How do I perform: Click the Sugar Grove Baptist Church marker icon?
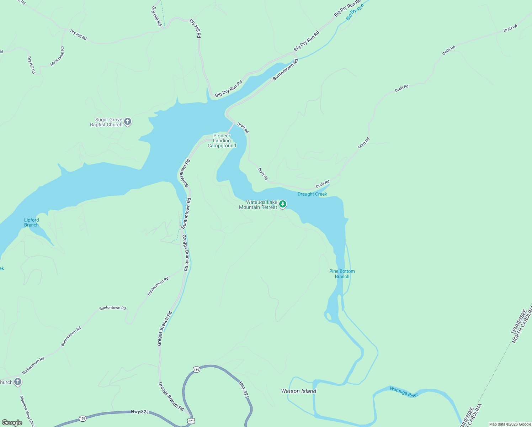128,122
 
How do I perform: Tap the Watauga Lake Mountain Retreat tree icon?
283,204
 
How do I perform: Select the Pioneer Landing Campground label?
222,141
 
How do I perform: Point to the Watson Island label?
298,391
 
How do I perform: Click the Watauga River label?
404,392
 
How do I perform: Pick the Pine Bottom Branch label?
342,274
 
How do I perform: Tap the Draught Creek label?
312,194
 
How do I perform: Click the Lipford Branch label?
31,222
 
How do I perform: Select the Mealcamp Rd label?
57,56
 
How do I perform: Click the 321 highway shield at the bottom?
191,421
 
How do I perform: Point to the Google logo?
12,423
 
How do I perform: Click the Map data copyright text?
510,424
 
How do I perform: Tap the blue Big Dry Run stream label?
355,12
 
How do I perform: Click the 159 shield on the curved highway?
197,370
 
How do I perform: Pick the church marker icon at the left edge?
18,382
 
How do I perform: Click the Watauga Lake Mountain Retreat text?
258,205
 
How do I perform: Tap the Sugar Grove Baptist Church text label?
106,122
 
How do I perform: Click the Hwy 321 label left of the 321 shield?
140,412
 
